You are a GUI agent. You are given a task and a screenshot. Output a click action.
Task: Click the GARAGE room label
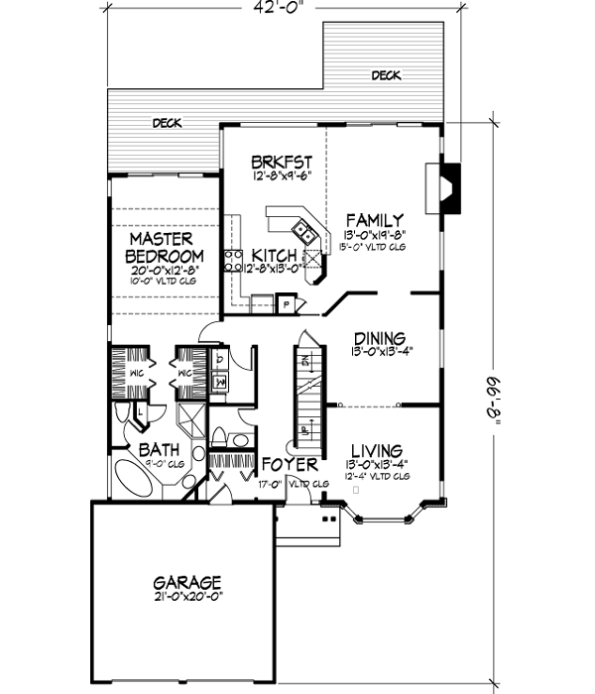186,582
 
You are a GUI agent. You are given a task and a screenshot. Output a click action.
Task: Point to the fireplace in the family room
445,186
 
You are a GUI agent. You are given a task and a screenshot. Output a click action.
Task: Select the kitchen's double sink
307,235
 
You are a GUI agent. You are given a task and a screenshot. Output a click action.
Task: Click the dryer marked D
219,359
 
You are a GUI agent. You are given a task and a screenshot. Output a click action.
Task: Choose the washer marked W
219,379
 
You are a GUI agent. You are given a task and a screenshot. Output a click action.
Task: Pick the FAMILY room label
373,220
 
